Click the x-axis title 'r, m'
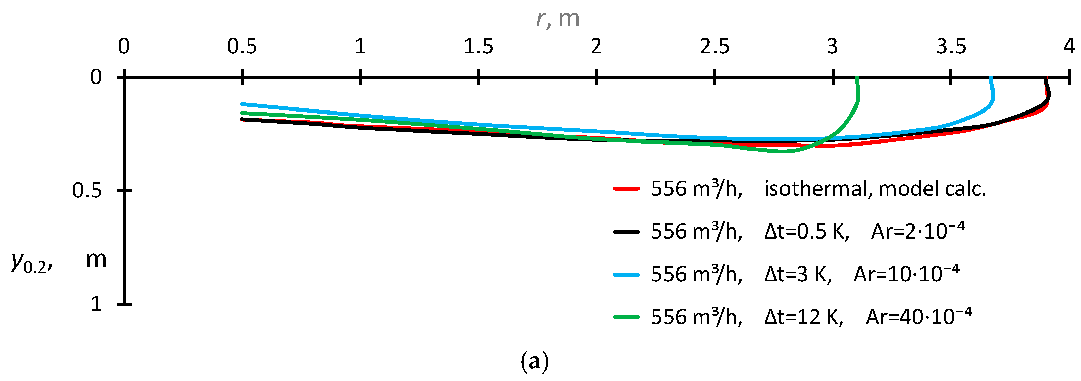click(x=558, y=19)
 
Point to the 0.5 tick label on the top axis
click(x=242, y=46)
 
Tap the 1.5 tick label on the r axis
click(x=478, y=46)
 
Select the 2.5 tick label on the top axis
click(x=714, y=46)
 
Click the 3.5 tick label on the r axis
click(x=951, y=46)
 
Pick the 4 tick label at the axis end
click(x=1069, y=46)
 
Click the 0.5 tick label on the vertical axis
click(x=87, y=191)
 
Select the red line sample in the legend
click(x=626, y=189)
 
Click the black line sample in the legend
click(x=626, y=231)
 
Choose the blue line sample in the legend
click(x=626, y=274)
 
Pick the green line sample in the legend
click(x=626, y=317)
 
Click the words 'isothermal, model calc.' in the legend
click(x=875, y=189)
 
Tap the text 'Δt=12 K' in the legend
click(x=803, y=317)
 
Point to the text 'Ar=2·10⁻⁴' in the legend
click(x=918, y=231)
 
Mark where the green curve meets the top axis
click(x=857, y=78)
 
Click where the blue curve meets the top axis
click(x=991, y=78)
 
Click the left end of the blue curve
click(x=242, y=104)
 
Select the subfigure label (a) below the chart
click(x=534, y=362)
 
